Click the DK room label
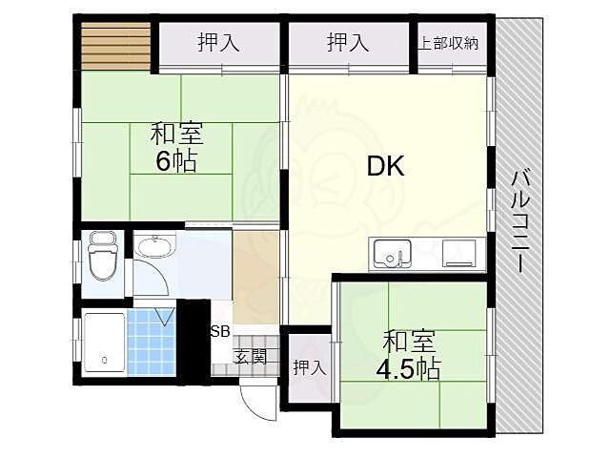[x=387, y=167]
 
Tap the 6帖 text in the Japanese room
[x=176, y=161]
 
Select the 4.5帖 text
[x=411, y=368]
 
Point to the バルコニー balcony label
[x=520, y=220]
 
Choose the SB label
[x=219, y=331]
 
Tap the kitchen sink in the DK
[x=390, y=255]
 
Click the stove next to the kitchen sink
[x=461, y=254]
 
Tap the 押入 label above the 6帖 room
[x=218, y=43]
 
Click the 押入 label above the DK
[x=348, y=43]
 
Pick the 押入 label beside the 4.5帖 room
[x=306, y=367]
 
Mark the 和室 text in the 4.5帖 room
[x=411, y=341]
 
